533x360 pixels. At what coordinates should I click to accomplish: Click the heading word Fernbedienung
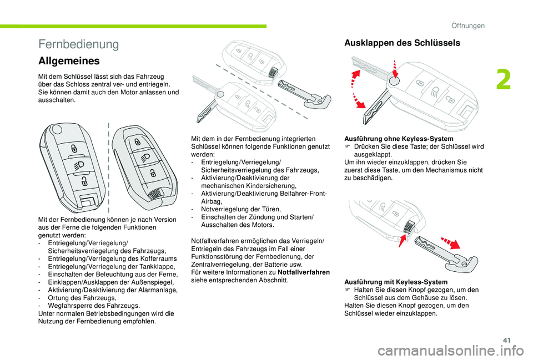[79, 44]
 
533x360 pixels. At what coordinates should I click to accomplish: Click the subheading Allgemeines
[69, 60]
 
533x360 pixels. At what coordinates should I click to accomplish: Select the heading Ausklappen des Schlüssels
[402, 43]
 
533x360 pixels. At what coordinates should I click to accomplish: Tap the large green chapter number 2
[504, 80]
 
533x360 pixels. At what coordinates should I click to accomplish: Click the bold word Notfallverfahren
[304, 272]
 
